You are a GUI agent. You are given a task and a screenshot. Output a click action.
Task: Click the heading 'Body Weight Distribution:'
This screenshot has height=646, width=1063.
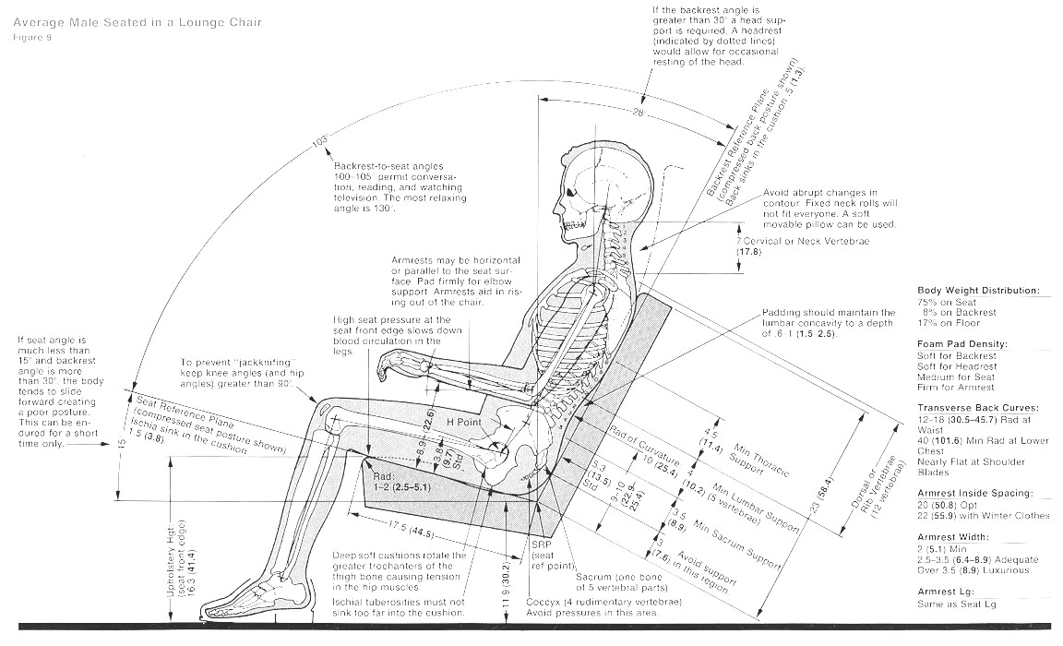pos(977,291)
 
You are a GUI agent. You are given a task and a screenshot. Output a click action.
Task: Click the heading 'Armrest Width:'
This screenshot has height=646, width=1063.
pos(954,536)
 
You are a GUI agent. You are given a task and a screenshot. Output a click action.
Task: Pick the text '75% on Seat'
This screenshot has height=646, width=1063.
pos(945,302)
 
